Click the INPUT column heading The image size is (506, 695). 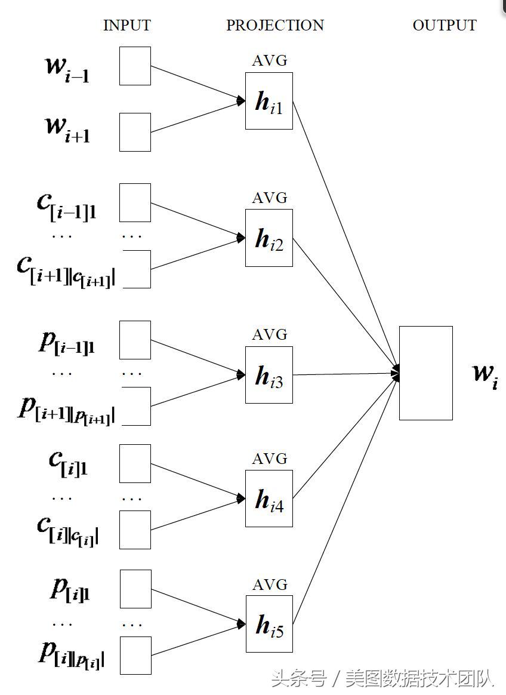tap(126, 26)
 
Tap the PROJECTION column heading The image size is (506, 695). tap(274, 26)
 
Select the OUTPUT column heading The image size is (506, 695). tap(445, 26)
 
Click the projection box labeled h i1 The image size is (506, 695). tap(269, 101)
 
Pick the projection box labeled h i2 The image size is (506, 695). tap(269, 238)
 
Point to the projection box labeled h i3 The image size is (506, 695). tap(269, 374)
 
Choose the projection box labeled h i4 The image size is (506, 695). tap(269, 499)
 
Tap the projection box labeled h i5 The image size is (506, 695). tap(269, 624)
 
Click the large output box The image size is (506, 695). tap(425, 373)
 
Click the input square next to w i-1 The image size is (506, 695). tap(135, 66)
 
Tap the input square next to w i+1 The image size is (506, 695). tap(135, 132)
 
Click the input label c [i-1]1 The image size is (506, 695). tap(66, 206)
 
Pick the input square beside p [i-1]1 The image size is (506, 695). tap(135, 340)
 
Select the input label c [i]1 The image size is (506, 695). tap(68, 463)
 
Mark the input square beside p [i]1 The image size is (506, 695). tap(135, 589)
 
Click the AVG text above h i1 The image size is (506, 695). tap(269, 61)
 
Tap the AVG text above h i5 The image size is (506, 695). tap(269, 584)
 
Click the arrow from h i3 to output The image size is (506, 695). tap(346, 374)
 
